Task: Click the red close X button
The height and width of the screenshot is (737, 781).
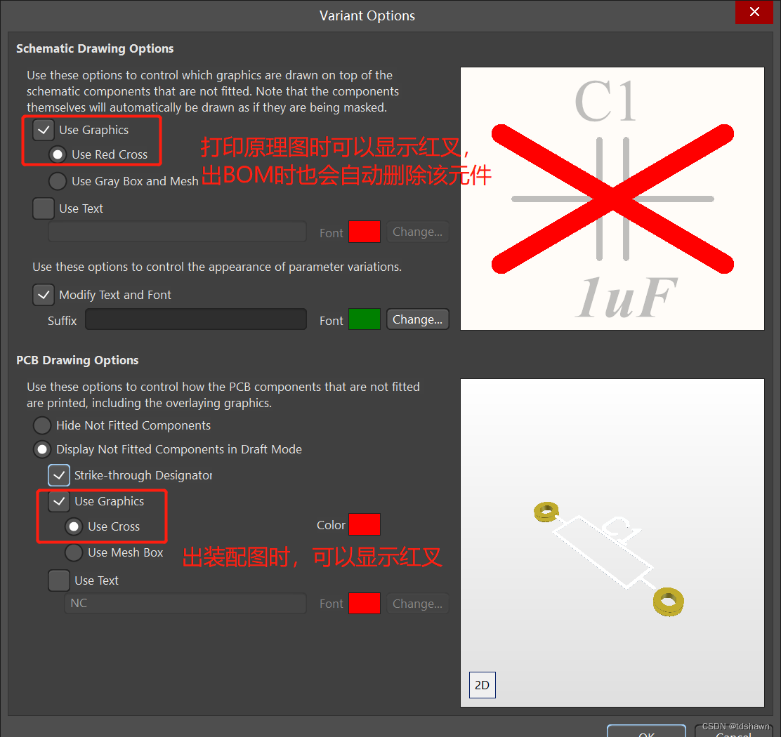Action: [x=754, y=11]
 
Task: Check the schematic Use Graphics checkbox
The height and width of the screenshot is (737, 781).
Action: [x=44, y=130]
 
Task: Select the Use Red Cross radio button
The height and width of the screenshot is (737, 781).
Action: [x=58, y=154]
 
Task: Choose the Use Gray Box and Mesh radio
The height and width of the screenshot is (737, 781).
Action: [x=58, y=181]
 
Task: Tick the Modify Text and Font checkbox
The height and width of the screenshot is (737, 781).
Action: [x=44, y=295]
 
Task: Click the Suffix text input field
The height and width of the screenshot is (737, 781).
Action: [x=196, y=319]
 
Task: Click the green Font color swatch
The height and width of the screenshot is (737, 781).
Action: [x=365, y=319]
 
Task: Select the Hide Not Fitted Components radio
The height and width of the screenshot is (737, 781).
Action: [x=42, y=425]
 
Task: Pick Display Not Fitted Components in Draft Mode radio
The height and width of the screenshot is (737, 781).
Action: [x=42, y=449]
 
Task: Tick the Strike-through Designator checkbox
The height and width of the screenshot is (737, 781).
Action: [x=59, y=475]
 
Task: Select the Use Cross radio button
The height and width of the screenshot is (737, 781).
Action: [x=74, y=526]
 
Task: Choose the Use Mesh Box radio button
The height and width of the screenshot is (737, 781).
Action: [x=74, y=552]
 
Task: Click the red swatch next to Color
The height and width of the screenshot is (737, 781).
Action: [x=365, y=524]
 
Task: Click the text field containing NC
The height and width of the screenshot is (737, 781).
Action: [x=185, y=603]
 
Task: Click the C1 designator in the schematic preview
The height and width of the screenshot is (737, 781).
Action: [x=605, y=101]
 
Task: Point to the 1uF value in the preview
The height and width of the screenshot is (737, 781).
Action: [x=626, y=297]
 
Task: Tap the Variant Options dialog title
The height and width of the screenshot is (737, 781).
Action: [x=367, y=16]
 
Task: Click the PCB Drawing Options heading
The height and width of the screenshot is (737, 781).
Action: [x=77, y=360]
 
